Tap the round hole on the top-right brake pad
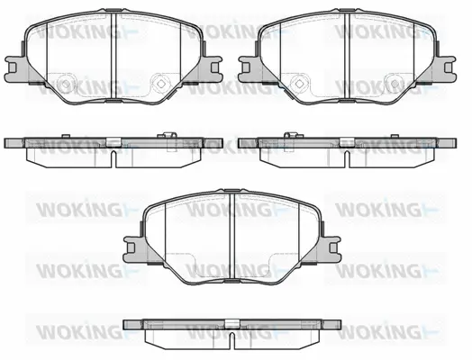(395, 82)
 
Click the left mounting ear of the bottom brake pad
(132, 244)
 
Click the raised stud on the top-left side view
(168, 136)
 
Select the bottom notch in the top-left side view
(114, 157)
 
